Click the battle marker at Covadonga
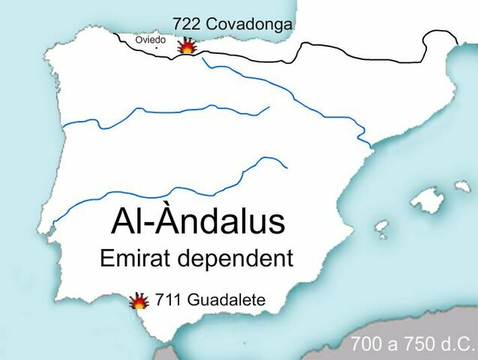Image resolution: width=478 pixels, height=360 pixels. (186, 46)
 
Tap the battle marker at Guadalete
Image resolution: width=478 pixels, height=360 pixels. (139, 301)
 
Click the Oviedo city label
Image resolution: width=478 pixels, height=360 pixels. (150, 40)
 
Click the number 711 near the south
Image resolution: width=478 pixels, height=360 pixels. (168, 300)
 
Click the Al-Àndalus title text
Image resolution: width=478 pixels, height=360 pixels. (198, 222)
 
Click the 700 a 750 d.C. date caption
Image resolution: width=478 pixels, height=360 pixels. (413, 346)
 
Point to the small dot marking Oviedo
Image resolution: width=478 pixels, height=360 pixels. (156, 49)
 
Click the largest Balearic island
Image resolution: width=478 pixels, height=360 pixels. (428, 199)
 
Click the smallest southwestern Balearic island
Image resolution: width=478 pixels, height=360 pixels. (382, 225)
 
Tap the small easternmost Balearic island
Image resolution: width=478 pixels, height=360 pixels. (463, 185)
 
